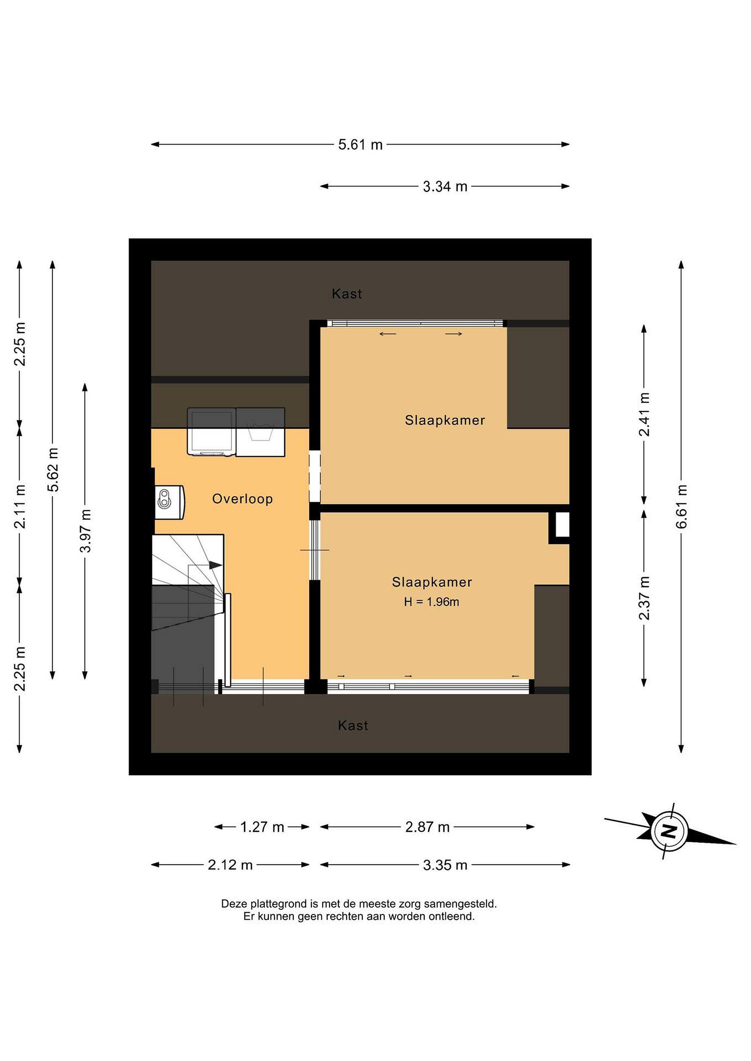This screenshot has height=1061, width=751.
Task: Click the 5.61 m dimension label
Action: coord(360,145)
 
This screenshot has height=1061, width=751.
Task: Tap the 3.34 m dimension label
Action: coord(445,187)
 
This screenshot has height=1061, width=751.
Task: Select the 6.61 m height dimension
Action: coord(682,507)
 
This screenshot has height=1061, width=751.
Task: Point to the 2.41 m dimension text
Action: coord(644,414)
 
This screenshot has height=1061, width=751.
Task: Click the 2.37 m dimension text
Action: coord(644,598)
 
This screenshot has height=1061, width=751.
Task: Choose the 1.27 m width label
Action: coord(262,827)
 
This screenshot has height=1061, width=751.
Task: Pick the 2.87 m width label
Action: coord(427,827)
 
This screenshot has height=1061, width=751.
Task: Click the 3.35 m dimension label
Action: coord(445,865)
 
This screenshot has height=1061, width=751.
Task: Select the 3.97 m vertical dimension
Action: coord(85,530)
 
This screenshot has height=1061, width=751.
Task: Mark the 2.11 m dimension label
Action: coord(20,507)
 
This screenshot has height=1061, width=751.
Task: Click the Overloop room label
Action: coord(242,499)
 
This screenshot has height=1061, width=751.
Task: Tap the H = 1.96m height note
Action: coord(431,602)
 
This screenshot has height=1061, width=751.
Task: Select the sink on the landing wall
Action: coord(169,502)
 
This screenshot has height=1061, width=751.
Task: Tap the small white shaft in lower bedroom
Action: coord(562,525)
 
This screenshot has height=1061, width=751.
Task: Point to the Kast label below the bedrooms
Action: coord(353,725)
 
